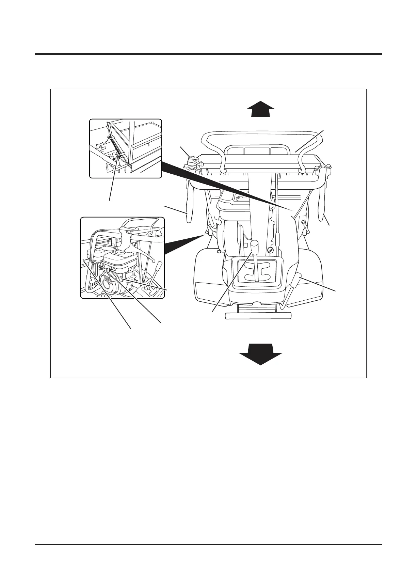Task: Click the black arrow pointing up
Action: pos(260,110)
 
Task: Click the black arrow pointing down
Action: pos(260,354)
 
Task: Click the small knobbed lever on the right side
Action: pos(305,228)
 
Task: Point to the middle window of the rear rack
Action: pos(257,151)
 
